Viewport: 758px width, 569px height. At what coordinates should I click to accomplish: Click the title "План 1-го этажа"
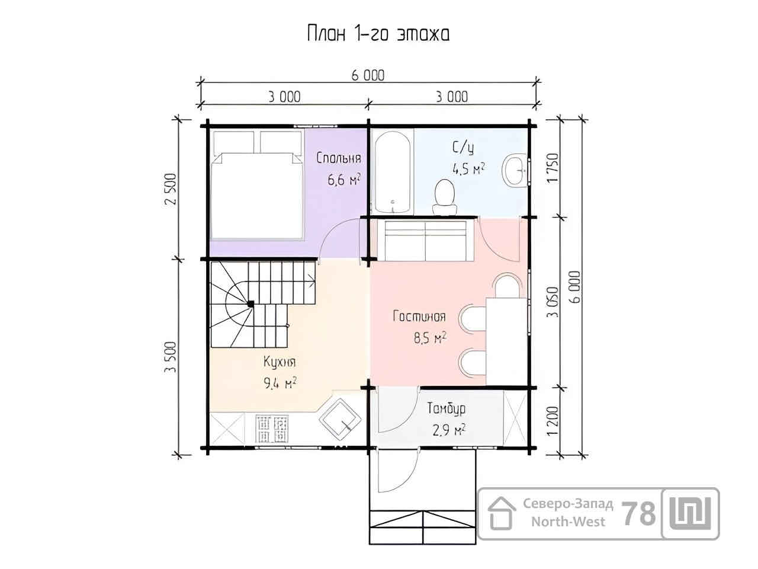378,34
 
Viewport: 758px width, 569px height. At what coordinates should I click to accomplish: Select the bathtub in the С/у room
393,172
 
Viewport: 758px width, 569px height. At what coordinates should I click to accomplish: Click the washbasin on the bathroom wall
515,170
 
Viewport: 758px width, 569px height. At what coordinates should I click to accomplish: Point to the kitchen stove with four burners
272,429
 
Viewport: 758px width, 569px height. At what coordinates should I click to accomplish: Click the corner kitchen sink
340,419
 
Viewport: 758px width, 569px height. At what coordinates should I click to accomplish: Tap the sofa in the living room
426,240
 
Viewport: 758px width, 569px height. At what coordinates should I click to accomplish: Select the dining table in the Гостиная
507,341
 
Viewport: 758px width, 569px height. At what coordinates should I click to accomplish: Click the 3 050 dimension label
553,302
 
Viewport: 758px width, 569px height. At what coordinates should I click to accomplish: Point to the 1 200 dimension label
553,420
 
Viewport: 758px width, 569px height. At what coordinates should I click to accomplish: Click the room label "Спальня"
339,158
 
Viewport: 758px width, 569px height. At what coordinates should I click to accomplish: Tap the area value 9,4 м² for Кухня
280,383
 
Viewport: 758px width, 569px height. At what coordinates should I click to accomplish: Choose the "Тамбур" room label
447,408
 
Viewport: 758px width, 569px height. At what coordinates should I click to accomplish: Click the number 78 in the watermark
638,514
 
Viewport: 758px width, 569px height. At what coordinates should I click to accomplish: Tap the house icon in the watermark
502,513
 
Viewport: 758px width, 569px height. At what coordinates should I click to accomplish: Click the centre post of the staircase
250,304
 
